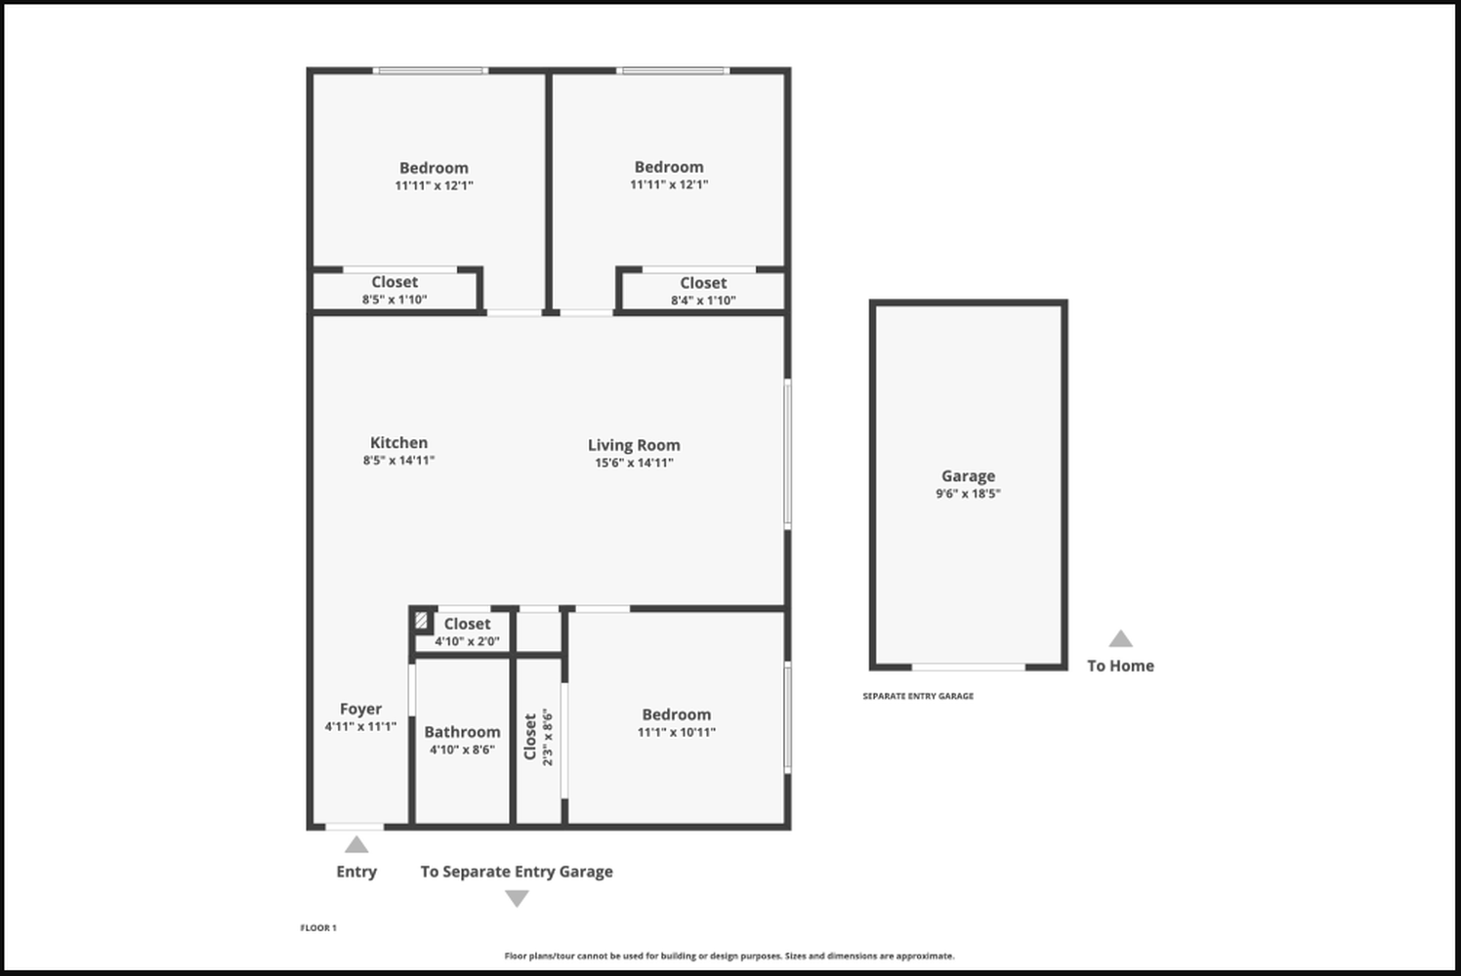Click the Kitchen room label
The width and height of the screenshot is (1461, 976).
tap(398, 443)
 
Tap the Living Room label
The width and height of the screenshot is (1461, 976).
tap(633, 445)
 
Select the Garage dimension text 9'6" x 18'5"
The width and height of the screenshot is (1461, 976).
tap(968, 494)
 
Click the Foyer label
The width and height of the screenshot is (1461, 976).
tap(360, 710)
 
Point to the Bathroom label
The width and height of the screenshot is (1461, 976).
tap(463, 732)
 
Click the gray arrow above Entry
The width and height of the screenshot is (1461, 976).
tap(356, 844)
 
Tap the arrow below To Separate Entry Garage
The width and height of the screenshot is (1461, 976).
tap(517, 899)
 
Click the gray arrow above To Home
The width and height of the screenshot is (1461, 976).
tap(1120, 638)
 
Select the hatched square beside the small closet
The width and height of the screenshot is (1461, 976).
tap(421, 620)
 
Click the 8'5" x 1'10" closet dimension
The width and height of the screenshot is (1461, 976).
tap(395, 300)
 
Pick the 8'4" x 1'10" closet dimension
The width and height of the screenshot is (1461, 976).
tap(703, 301)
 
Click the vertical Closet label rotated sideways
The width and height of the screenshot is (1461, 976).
tap(530, 737)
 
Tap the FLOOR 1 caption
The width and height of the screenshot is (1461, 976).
tap(318, 928)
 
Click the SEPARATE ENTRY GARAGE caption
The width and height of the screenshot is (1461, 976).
tap(918, 696)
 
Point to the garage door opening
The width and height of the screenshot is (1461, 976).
tap(969, 667)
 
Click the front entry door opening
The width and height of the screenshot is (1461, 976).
tap(355, 827)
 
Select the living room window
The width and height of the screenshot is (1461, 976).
tap(788, 455)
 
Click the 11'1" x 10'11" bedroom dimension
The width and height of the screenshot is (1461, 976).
tap(677, 732)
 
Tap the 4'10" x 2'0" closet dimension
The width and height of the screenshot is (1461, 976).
tap(467, 641)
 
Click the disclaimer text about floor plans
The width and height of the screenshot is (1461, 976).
tap(730, 956)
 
